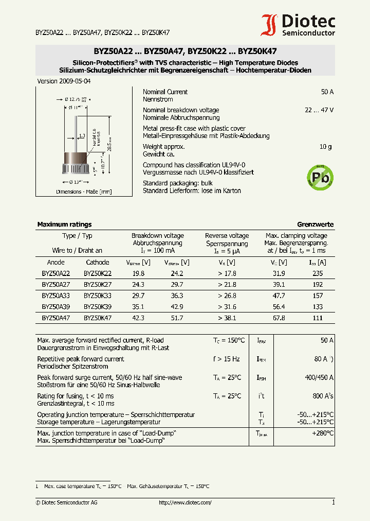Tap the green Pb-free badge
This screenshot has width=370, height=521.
click(319, 178)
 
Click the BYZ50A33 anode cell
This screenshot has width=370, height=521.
click(56, 296)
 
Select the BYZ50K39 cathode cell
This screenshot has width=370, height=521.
click(98, 307)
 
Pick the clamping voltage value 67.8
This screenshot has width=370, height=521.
click(279, 318)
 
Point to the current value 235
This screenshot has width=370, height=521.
click(318, 274)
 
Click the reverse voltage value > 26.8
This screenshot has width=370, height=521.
click(227, 296)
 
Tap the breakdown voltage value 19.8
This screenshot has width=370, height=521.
click(138, 274)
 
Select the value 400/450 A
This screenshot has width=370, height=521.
click(319, 378)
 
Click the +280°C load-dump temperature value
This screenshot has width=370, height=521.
click(323, 433)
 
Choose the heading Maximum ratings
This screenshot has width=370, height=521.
click(64, 224)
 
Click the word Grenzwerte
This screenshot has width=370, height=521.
click(315, 224)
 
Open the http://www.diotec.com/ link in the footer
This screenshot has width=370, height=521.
click(185, 502)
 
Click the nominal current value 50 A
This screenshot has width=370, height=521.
click(327, 92)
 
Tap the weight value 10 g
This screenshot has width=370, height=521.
click(325, 147)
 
